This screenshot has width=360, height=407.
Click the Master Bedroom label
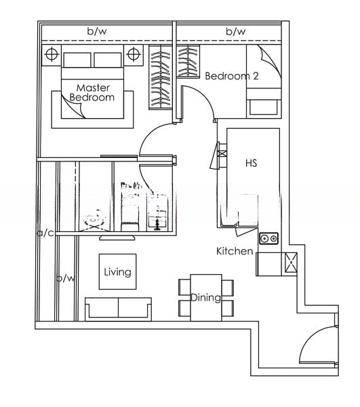[x=92, y=92]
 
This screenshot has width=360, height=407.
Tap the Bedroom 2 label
[x=232, y=76]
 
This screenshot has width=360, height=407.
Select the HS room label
[x=251, y=163]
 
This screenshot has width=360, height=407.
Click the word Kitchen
[x=235, y=251]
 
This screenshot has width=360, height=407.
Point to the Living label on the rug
[x=117, y=272]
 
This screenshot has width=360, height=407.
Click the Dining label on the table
[x=205, y=298]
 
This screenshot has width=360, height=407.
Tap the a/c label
[x=45, y=233]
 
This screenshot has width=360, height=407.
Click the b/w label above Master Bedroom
[x=97, y=31]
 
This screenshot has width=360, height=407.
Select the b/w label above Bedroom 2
[x=236, y=31]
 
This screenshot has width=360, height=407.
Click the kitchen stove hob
[x=268, y=238]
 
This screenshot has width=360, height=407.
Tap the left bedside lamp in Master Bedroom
[x=52, y=54]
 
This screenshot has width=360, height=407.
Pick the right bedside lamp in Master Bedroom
[x=134, y=54]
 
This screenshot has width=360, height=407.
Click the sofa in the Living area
[x=118, y=309]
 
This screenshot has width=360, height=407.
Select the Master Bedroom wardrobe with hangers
[x=160, y=77]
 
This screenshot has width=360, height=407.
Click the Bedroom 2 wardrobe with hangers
[x=188, y=62]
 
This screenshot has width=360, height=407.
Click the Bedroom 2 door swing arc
[x=205, y=95]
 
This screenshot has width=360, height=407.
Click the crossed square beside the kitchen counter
[x=291, y=263]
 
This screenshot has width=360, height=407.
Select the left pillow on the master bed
[x=77, y=60]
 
